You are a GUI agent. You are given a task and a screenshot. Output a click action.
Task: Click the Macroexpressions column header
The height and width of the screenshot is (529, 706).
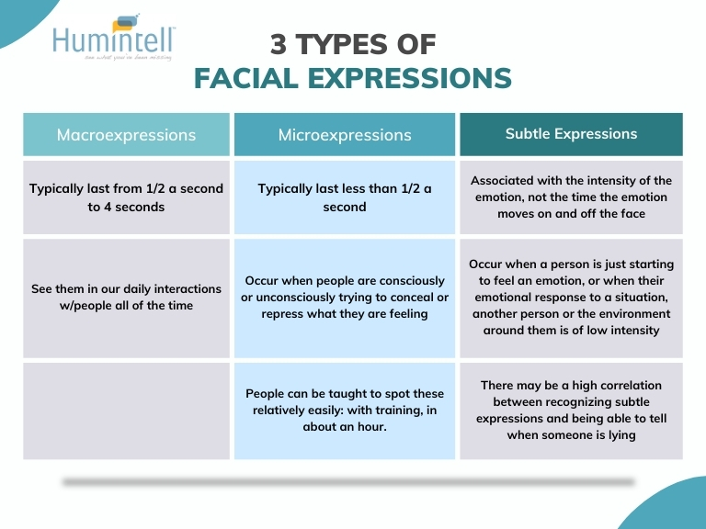tap(126, 134)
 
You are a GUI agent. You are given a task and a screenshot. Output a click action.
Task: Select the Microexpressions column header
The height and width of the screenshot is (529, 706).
tap(345, 134)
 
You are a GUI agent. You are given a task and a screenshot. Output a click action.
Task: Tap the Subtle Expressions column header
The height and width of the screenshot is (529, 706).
tap(571, 134)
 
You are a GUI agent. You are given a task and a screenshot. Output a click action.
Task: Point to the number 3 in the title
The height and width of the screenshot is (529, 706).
tap(278, 44)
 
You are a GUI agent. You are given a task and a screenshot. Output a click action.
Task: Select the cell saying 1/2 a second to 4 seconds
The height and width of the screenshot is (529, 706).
tap(126, 197)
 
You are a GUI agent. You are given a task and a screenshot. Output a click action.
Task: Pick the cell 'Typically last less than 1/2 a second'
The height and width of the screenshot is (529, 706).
tap(345, 197)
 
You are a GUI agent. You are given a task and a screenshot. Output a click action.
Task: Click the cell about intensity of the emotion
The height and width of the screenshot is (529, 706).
tap(571, 197)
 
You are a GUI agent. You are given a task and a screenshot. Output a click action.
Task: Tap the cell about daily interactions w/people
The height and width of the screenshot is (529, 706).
tap(126, 298)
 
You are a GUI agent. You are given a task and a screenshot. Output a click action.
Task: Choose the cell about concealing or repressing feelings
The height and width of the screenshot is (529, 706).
tap(345, 298)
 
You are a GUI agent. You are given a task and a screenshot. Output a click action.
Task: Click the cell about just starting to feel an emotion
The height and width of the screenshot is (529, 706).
tap(571, 298)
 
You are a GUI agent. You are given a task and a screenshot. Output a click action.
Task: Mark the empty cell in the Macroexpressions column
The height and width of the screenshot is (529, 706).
tap(126, 411)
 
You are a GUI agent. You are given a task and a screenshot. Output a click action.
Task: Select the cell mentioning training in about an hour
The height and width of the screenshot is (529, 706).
tap(345, 411)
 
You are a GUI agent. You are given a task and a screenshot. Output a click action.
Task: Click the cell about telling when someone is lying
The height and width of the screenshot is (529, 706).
tap(571, 411)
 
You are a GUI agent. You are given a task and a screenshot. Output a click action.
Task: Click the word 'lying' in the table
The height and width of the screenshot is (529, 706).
tap(621, 435)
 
